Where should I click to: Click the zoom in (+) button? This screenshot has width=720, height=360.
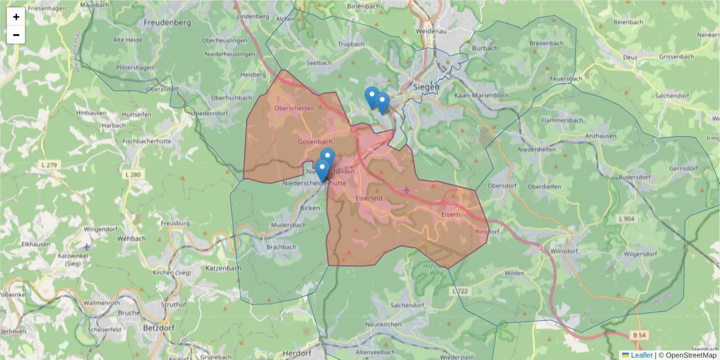(16, 17)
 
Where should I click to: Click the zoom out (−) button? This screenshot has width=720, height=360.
(16, 35)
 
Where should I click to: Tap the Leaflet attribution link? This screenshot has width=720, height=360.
(641, 355)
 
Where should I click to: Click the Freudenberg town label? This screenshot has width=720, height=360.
(167, 23)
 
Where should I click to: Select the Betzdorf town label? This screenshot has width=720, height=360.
(158, 328)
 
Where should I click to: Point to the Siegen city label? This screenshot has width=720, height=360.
(426, 87)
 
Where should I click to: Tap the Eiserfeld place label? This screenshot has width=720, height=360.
(370, 197)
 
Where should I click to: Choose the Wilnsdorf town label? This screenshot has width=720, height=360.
(562, 253)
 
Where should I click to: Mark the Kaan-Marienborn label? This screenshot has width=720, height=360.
(481, 95)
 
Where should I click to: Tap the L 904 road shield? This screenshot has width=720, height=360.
(627, 220)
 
